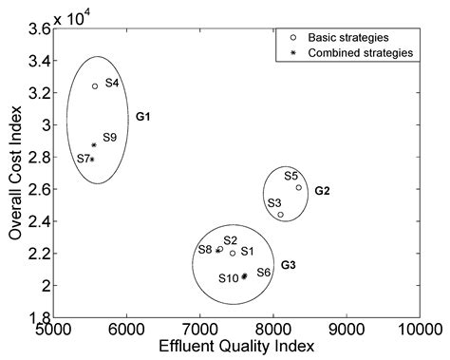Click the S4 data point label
(x=112, y=84)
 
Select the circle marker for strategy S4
(x=95, y=86)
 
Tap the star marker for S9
(x=93, y=145)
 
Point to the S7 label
(x=84, y=157)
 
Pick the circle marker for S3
(x=281, y=215)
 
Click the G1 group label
(x=144, y=117)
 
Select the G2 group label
(x=322, y=191)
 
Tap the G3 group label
(x=289, y=264)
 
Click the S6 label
(x=264, y=273)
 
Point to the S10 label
(x=229, y=278)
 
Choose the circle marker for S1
(x=233, y=253)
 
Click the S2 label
(x=230, y=241)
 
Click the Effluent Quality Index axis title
(x=236, y=348)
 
